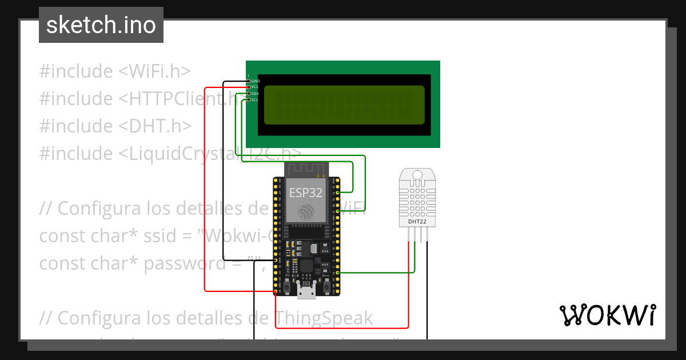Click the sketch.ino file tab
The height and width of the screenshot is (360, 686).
tap(101, 25)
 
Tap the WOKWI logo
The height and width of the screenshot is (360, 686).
tap(607, 315)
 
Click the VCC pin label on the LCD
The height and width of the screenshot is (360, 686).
tap(255, 87)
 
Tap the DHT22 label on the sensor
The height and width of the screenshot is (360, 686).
tap(417, 221)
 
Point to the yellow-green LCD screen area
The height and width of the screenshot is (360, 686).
tap(344, 105)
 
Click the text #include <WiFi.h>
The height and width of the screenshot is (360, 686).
tap(114, 71)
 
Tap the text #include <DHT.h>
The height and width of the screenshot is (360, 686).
tap(115, 126)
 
